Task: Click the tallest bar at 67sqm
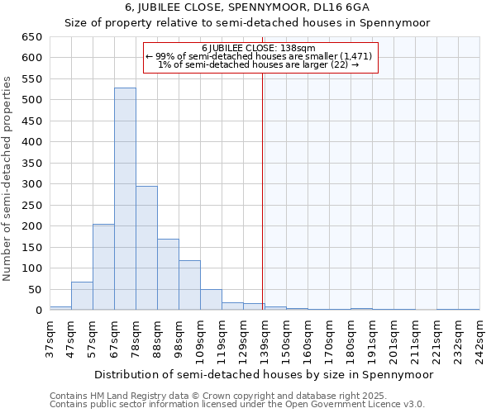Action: pyautogui.click(x=125, y=199)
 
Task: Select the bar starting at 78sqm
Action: pyautogui.click(x=146, y=248)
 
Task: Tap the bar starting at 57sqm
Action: pyautogui.click(x=103, y=267)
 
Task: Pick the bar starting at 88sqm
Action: pyautogui.click(x=168, y=274)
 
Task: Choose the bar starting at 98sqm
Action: pyautogui.click(x=189, y=285)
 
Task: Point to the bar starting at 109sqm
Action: pyautogui.click(x=211, y=300)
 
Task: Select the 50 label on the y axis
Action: pyautogui.click(x=35, y=290)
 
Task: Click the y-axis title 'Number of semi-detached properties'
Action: pyautogui.click(x=8, y=178)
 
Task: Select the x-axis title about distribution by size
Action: pyautogui.click(x=263, y=374)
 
